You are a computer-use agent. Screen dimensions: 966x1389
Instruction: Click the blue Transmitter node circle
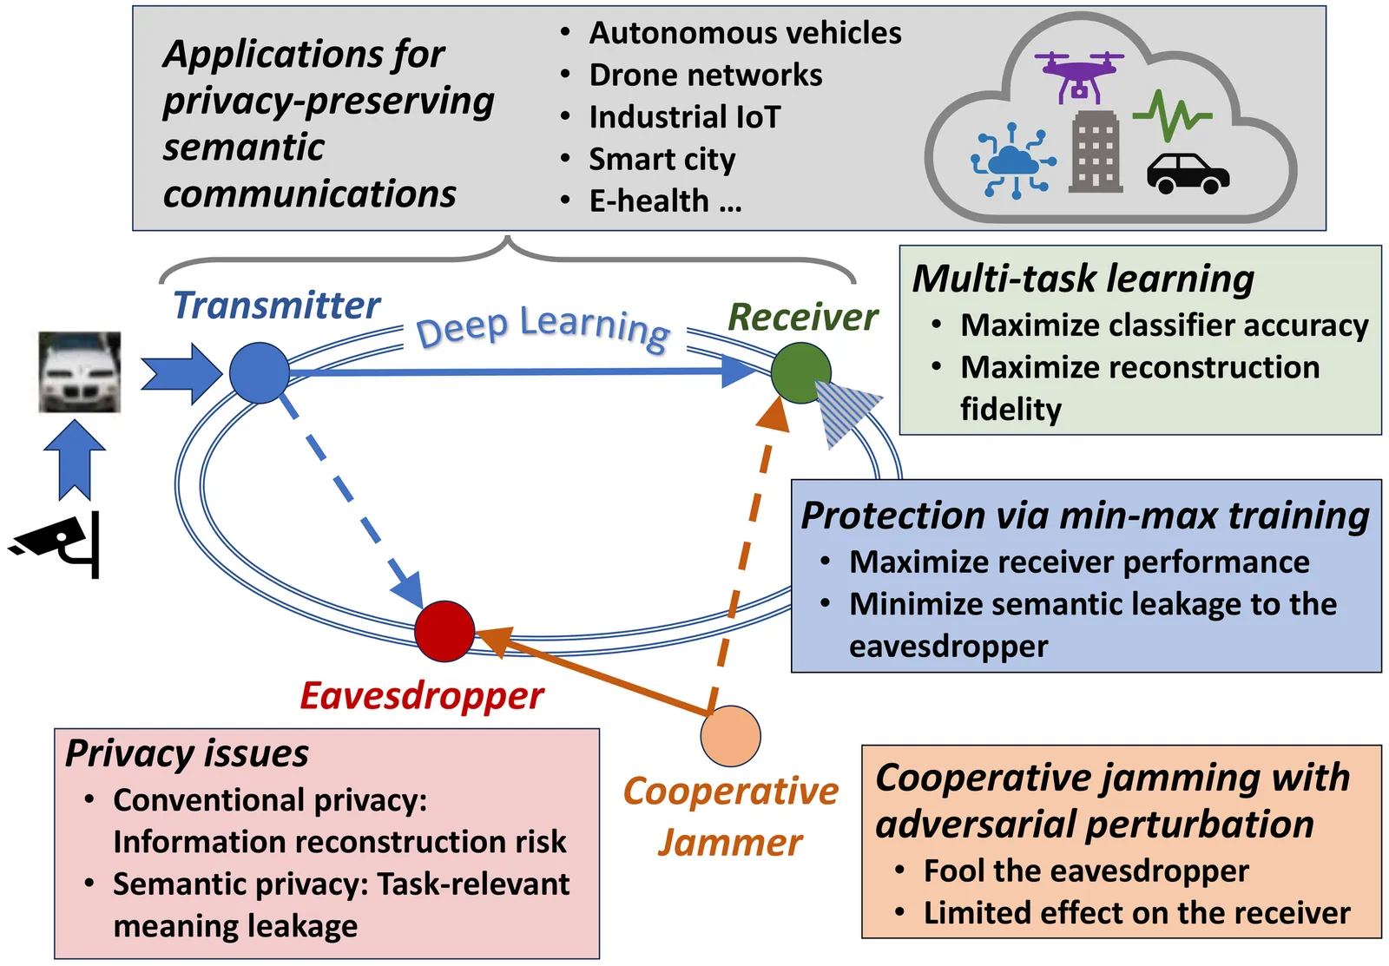coord(260,373)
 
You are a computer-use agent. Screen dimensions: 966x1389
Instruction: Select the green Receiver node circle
coord(800,373)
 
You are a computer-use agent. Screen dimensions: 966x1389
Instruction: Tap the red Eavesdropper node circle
coord(444,631)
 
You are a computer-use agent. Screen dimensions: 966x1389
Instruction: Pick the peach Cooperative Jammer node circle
coord(730,736)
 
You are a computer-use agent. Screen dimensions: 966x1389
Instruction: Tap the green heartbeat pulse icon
coord(1171,115)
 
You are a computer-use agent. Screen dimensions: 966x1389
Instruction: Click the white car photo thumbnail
coord(80,372)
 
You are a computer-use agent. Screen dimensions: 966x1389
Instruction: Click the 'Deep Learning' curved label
coord(543,327)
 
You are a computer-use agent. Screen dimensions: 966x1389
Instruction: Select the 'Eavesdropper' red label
coord(422,696)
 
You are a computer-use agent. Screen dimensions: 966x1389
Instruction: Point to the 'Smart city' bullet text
coord(662,160)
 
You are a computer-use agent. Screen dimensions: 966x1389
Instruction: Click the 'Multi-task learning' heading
coord(1083,279)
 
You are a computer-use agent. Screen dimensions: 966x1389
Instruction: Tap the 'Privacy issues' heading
coord(188,753)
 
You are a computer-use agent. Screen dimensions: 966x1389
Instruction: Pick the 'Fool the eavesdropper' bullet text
coord(1086,871)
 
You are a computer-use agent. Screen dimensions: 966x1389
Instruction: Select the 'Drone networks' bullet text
coord(705,76)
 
